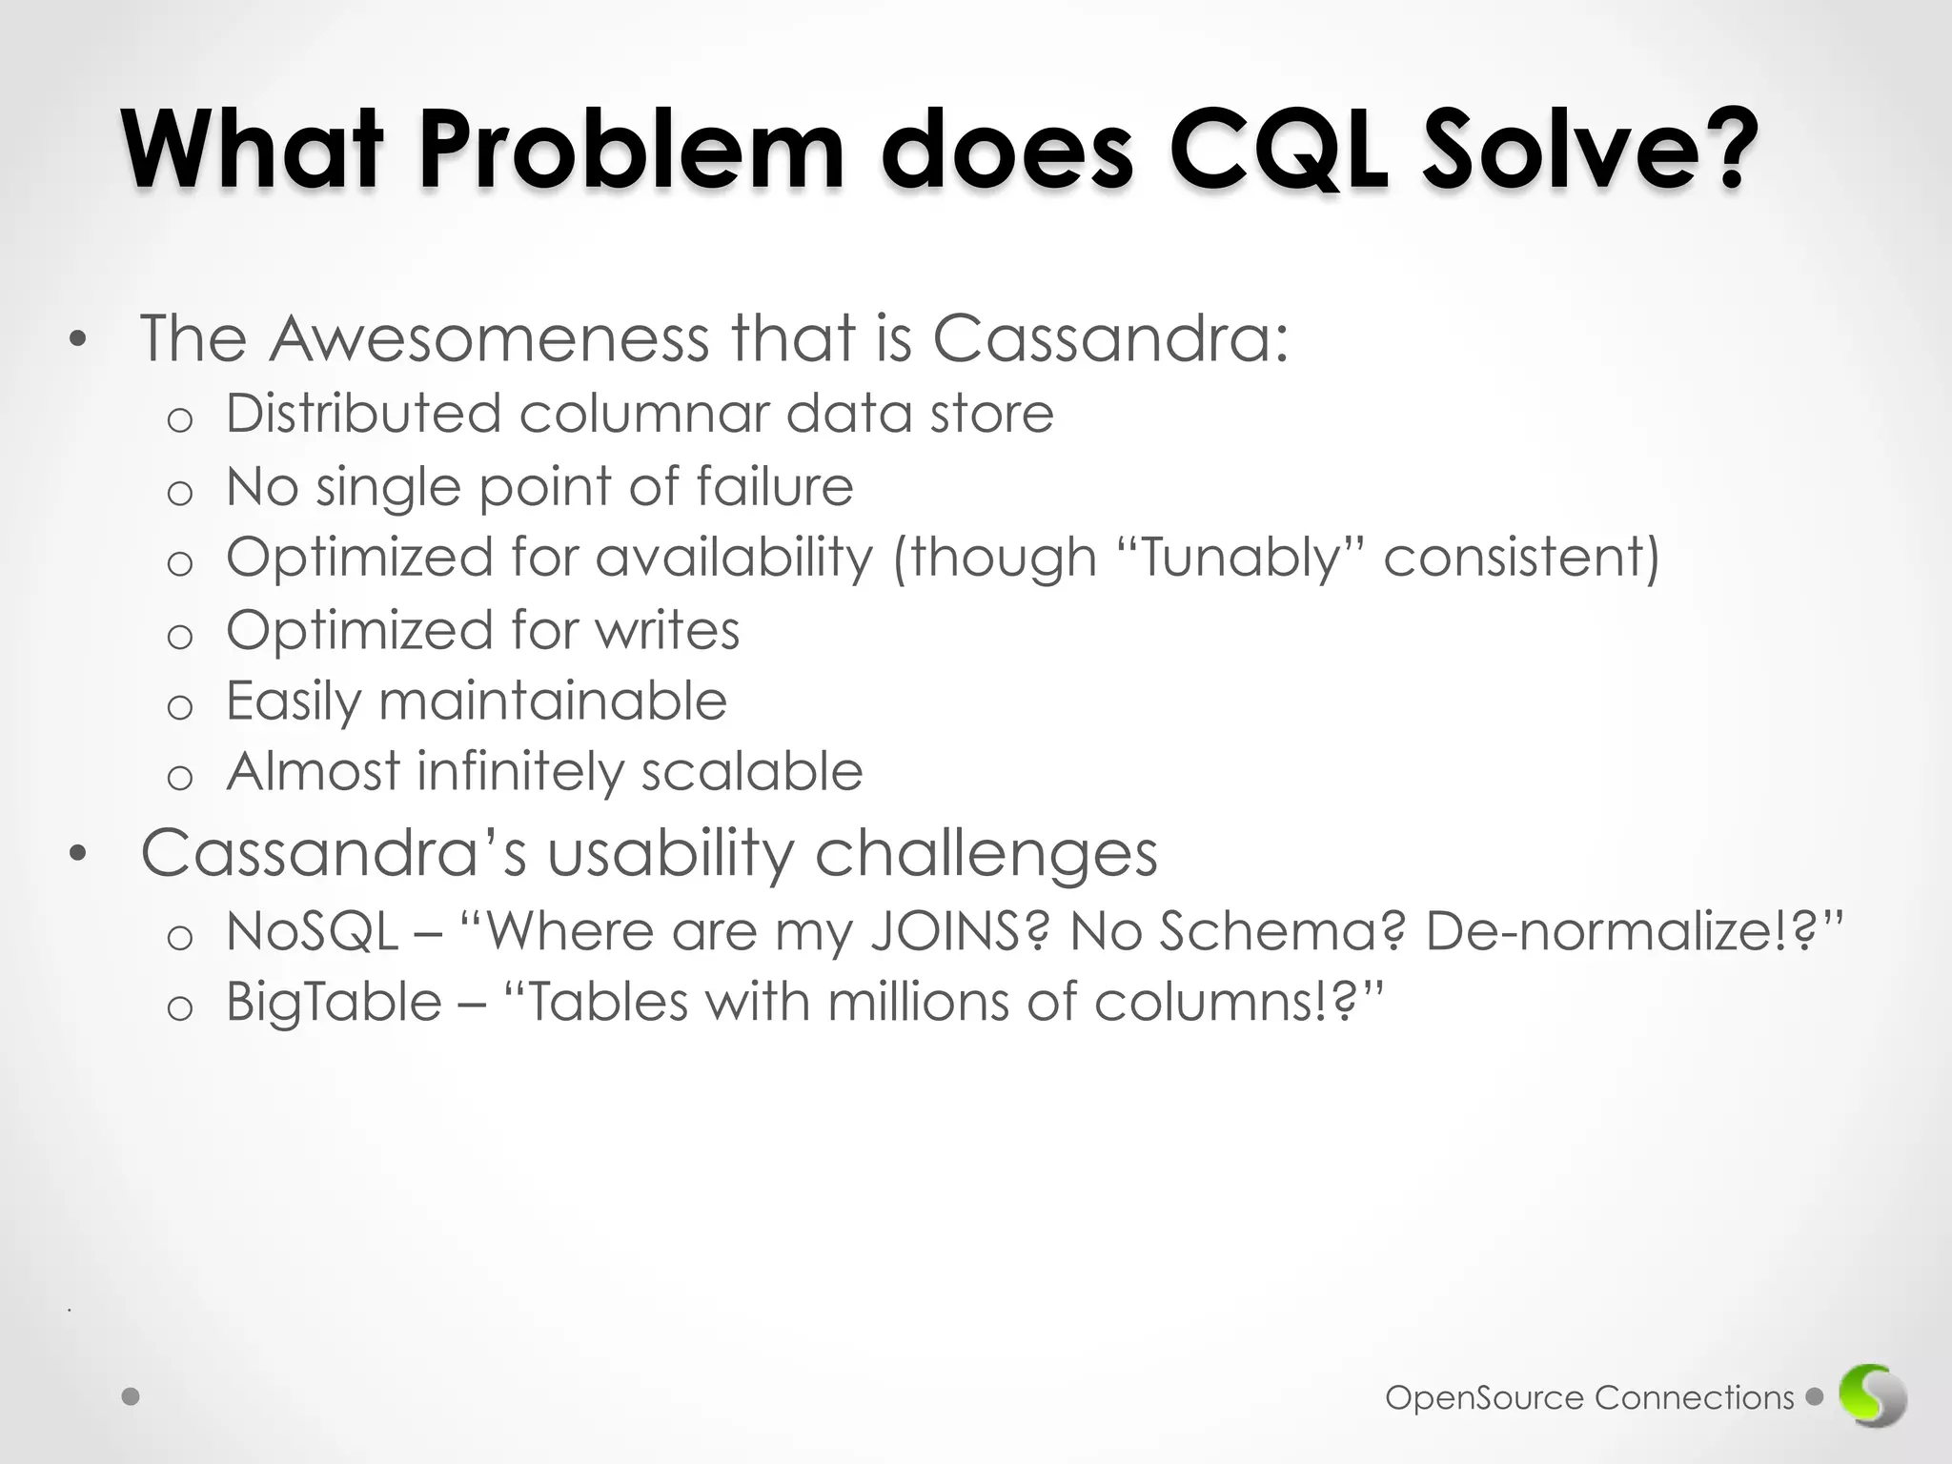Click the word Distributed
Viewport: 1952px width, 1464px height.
pos(363,414)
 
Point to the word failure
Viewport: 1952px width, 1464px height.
pos(774,486)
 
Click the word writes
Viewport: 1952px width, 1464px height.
pos(667,630)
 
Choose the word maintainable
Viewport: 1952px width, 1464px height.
pos(553,701)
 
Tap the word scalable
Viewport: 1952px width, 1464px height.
pos(751,771)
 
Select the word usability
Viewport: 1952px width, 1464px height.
pos(670,853)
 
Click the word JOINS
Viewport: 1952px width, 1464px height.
pos(960,931)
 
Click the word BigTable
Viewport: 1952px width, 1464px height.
pos(334,1003)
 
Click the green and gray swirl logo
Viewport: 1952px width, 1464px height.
pos(1873,1397)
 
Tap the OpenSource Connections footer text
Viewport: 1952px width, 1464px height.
pos(1589,1398)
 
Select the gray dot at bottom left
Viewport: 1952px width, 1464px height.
pos(132,1397)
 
